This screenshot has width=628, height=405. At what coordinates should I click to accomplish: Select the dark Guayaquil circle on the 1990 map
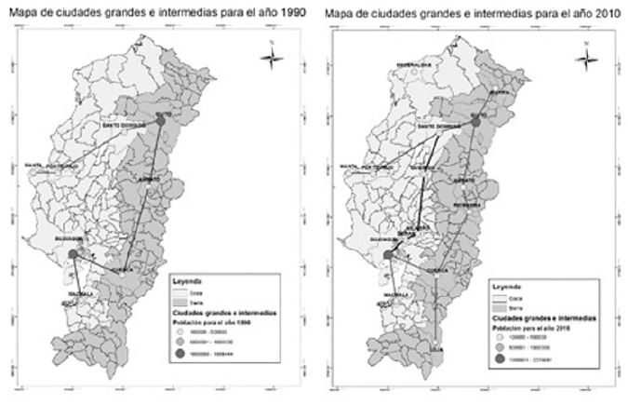[74, 251]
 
